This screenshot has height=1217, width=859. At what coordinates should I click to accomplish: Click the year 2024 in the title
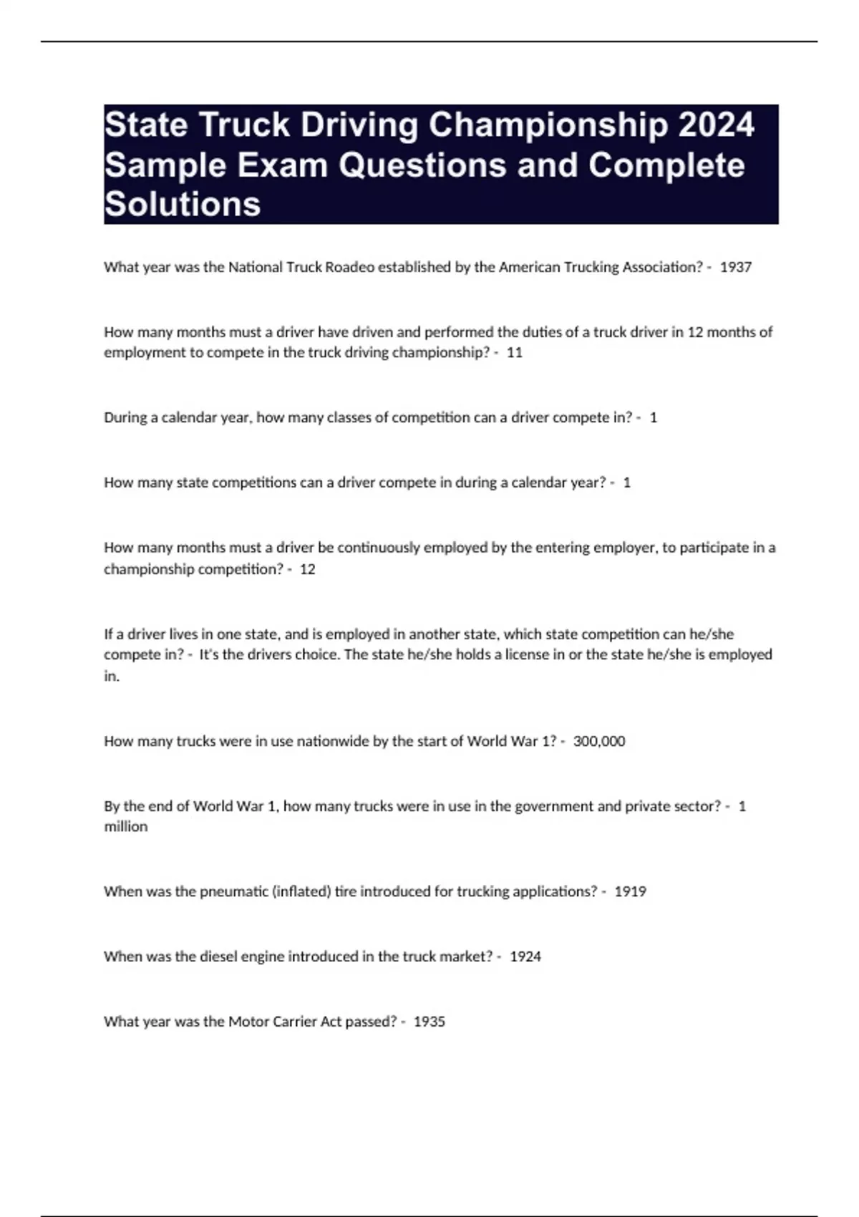tap(716, 125)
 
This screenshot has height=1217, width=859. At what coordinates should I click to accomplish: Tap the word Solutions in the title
tap(183, 204)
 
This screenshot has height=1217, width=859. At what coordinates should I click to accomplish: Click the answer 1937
tap(735, 267)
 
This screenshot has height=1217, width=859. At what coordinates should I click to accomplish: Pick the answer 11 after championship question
tap(514, 352)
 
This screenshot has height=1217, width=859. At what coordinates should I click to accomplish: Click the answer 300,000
tap(598, 741)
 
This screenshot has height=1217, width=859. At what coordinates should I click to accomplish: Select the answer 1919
tap(630, 891)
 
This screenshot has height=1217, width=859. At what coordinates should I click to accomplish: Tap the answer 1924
tap(525, 956)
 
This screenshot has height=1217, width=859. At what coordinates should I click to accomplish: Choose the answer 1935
tap(429, 1022)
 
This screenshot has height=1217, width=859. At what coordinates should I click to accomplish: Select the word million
tap(126, 827)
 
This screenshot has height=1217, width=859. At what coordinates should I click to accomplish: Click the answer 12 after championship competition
tap(307, 569)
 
